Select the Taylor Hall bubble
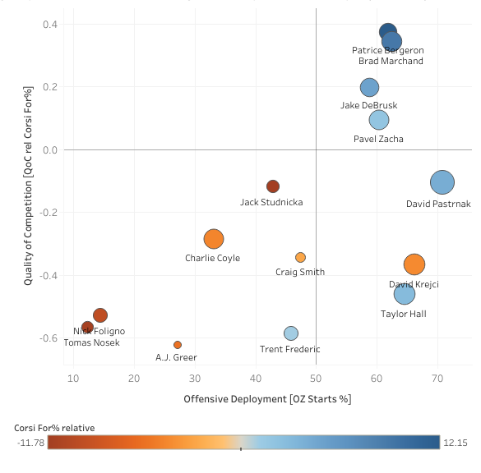[405, 294]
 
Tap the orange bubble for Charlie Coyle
[214, 239]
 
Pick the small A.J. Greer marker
[178, 345]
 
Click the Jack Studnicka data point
[273, 186]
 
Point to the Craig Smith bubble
[300, 257]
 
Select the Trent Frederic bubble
[291, 333]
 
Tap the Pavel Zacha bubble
[379, 120]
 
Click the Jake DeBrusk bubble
[370, 87]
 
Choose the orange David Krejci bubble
[414, 264]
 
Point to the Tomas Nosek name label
[92, 342]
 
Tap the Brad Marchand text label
[391, 61]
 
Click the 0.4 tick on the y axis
[50, 25]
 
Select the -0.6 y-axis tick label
[49, 338]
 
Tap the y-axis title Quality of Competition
[28, 185]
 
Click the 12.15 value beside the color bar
[455, 443]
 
